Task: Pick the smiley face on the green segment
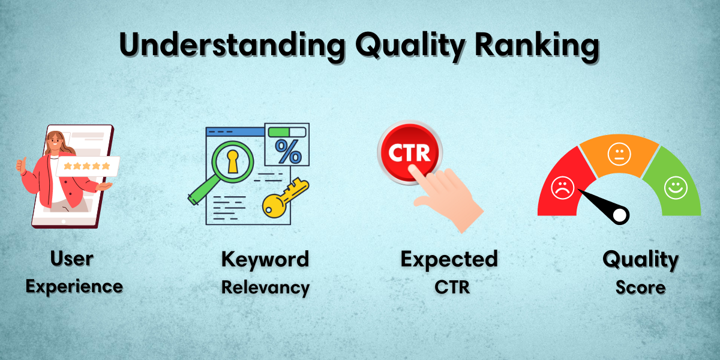pyautogui.click(x=675, y=188)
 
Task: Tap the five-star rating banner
pyautogui.click(x=88, y=166)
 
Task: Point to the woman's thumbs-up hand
pyautogui.click(x=23, y=166)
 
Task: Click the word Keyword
pyautogui.click(x=265, y=259)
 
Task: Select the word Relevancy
pyautogui.click(x=265, y=287)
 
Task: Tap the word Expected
pyautogui.click(x=449, y=259)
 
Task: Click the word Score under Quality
pyautogui.click(x=640, y=287)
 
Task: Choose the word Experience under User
pyautogui.click(x=74, y=286)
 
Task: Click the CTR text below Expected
pyautogui.click(x=452, y=287)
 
